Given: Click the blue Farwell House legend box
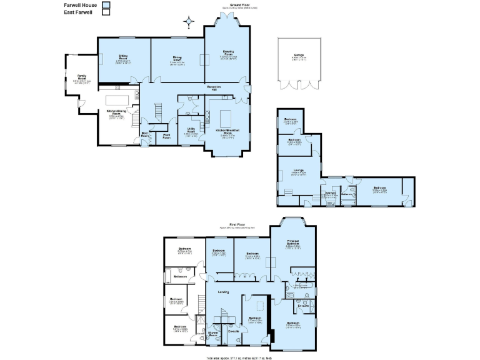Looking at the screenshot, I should (x=106, y=4).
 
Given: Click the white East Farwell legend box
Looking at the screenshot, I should (x=106, y=12).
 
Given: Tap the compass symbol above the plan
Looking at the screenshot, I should (x=187, y=23).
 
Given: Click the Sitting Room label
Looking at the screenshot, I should (x=123, y=57).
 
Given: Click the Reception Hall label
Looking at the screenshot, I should (x=216, y=87).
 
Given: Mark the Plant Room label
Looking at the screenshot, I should (x=167, y=136).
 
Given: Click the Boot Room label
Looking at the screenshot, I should (x=145, y=134).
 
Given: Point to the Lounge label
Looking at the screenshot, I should (x=298, y=170).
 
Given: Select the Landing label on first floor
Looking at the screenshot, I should (x=223, y=292).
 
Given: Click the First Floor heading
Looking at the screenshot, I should (x=236, y=224).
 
